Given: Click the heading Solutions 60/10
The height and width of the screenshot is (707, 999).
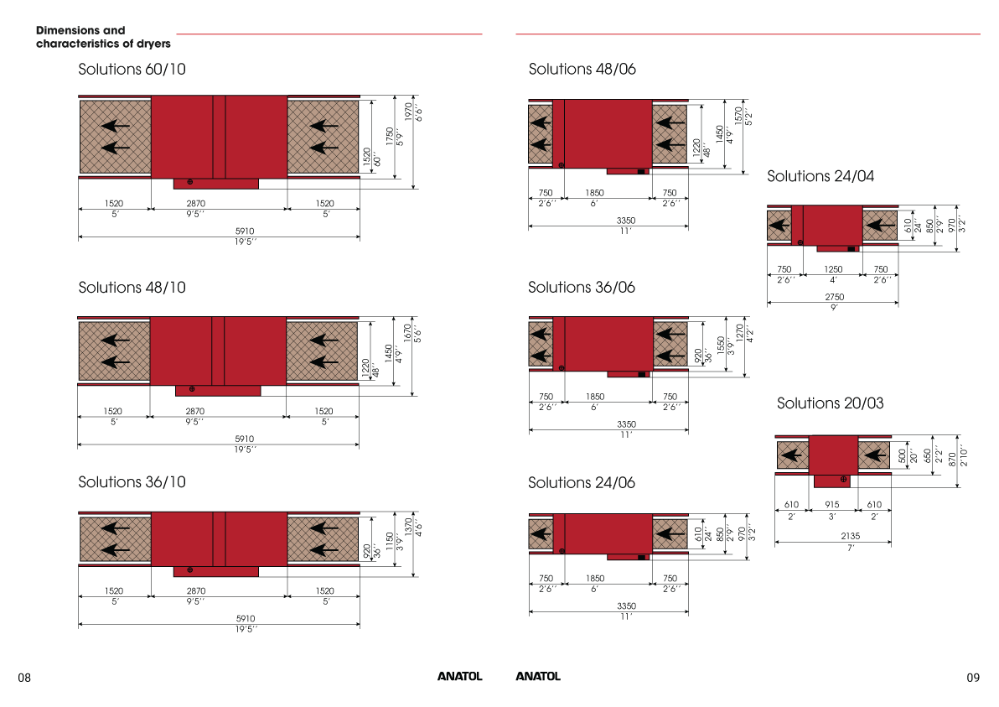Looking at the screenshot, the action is point(132,69).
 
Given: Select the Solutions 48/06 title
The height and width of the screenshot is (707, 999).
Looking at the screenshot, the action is point(582,69).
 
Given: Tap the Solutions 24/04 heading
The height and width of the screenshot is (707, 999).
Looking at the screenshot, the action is point(820,176).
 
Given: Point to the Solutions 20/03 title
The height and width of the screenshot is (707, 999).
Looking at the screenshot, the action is point(831,403).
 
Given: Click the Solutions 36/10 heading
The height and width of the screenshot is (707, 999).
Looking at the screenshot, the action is point(132,482).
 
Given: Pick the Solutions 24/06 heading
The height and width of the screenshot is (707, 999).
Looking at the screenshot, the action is point(582,482).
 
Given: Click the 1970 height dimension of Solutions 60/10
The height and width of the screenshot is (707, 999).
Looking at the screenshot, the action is point(408,112).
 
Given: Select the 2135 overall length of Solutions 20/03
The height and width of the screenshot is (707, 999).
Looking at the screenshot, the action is point(850,536).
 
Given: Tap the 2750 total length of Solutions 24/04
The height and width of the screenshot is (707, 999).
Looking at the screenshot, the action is point(835,297).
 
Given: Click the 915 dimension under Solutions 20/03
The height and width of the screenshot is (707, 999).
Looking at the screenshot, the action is point(832,504).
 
